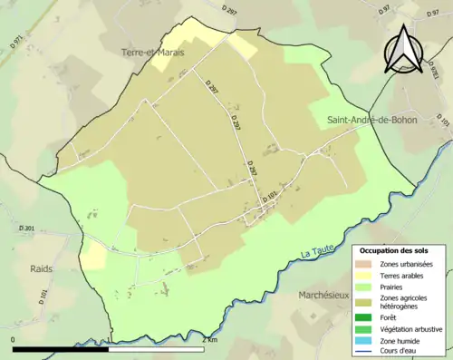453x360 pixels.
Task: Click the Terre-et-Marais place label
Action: click(x=153, y=54)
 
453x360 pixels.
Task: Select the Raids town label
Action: click(x=40, y=269)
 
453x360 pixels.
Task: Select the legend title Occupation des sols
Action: click(x=394, y=249)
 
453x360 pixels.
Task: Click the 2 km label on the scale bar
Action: click(x=211, y=339)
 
